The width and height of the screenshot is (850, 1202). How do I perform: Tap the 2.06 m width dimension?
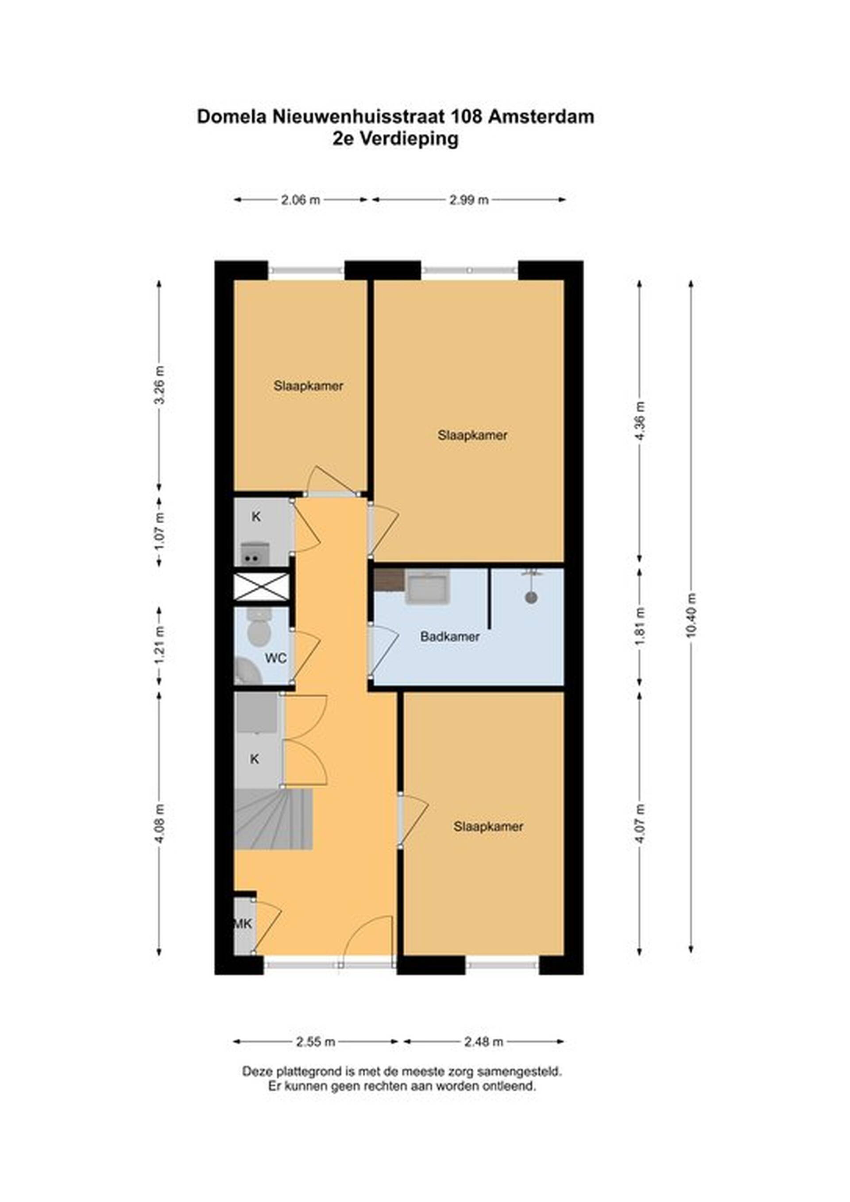point(301,200)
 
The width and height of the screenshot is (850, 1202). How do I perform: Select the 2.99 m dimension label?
point(469,200)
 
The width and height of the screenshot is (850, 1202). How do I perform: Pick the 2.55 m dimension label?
point(316,1042)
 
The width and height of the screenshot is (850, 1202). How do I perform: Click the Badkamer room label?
point(450,637)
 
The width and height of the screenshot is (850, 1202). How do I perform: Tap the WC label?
point(275,658)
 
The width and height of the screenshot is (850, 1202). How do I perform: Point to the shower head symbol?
point(531,597)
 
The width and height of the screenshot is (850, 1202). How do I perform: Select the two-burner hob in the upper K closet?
point(255,554)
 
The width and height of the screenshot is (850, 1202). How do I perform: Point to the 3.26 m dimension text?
point(160,385)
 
